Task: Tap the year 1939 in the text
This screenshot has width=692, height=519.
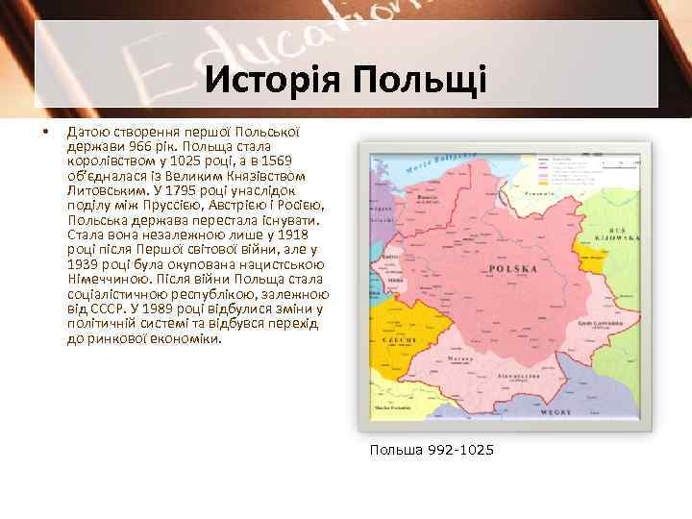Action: (x=84, y=263)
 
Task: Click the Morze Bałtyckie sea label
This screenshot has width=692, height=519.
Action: (x=443, y=163)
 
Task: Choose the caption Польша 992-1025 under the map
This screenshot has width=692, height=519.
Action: (x=431, y=449)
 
